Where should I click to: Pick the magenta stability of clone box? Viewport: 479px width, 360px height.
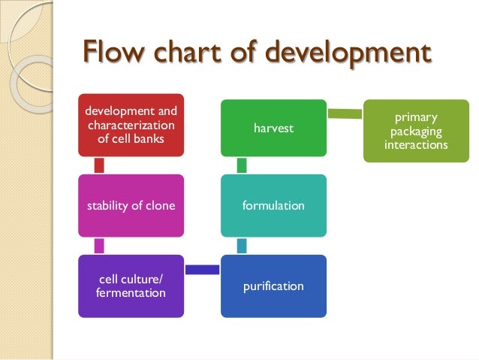point(131,205)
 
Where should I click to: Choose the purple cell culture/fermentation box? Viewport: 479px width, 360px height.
point(131,286)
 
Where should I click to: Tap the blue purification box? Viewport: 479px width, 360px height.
point(273,286)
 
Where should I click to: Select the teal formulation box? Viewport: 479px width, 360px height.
point(273,205)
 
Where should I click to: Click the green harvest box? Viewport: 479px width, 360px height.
point(273,129)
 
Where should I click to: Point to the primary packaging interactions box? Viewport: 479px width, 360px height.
point(414,132)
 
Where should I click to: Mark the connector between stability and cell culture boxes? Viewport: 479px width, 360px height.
point(99,246)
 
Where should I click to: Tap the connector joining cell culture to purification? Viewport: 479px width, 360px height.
point(202,269)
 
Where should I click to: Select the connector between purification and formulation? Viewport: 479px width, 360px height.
point(242,246)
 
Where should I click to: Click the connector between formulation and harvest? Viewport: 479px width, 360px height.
point(242,165)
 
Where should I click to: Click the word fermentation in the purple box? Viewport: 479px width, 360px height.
point(131,292)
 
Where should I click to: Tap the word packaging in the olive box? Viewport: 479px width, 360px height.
point(414,132)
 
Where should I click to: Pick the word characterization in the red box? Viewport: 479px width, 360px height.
point(131,126)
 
